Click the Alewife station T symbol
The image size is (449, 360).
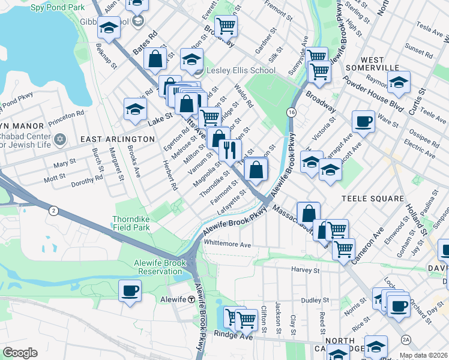coord(190,299)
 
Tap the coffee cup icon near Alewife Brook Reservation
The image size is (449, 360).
coord(130,291)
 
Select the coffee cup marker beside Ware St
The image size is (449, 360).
coord(363,121)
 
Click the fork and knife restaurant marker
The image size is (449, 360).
coord(230,149)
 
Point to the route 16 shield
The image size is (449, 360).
coord(291,113)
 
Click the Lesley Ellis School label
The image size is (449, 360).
coord(241,70)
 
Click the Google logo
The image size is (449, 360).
coord(20,353)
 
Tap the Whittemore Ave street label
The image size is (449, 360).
coord(228,245)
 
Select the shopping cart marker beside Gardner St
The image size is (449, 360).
coord(226,26)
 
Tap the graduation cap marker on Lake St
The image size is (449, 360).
coord(136,109)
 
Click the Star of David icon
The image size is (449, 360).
coord(59,140)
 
